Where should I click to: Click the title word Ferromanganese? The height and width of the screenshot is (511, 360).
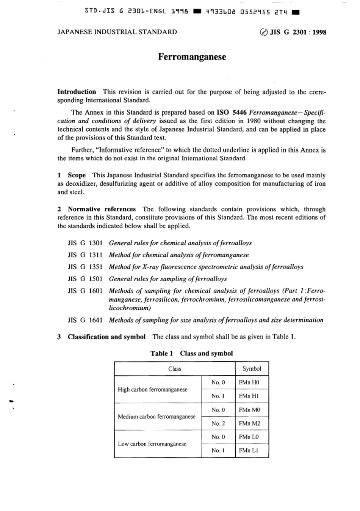[x=192, y=57]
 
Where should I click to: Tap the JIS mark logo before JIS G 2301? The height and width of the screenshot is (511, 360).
[x=263, y=32]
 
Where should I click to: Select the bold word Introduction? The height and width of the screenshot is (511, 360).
[x=77, y=92]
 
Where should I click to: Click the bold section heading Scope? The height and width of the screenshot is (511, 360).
[x=77, y=175]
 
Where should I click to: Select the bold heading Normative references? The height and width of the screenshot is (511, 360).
[x=102, y=209]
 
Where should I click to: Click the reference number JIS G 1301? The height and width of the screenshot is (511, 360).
[x=85, y=243]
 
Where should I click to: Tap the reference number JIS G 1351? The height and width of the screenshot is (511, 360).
[x=85, y=267]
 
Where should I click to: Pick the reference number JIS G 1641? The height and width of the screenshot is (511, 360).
[x=85, y=320]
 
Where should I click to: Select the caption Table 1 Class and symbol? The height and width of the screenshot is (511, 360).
[x=191, y=353]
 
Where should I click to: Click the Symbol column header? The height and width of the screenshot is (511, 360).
[x=252, y=368]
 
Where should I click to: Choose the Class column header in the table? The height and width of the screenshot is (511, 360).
[x=175, y=368]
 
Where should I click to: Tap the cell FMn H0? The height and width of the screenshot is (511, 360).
[x=249, y=382]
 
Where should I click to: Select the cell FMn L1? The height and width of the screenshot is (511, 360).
[x=249, y=450]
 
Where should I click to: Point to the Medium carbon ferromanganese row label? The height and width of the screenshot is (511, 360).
[x=157, y=417]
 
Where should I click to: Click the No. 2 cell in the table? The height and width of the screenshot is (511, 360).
[x=218, y=423]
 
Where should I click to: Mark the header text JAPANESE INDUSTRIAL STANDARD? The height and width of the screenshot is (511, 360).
[x=117, y=32]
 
